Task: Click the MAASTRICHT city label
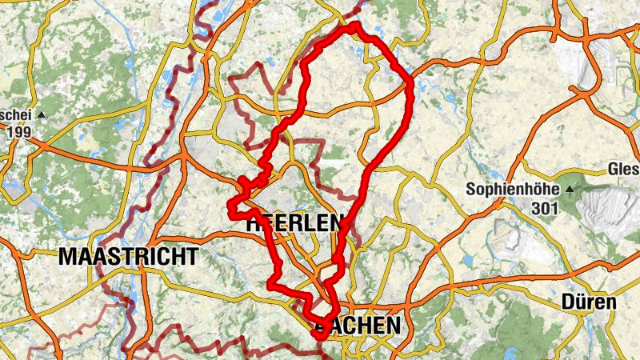(129, 257)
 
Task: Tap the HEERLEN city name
(296, 223)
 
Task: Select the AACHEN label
(358, 325)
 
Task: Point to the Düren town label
(589, 302)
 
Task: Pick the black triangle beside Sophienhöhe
(570, 190)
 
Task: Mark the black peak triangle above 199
(41, 115)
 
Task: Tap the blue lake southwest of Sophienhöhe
(468, 259)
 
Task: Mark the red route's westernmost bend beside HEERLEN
(230, 211)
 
